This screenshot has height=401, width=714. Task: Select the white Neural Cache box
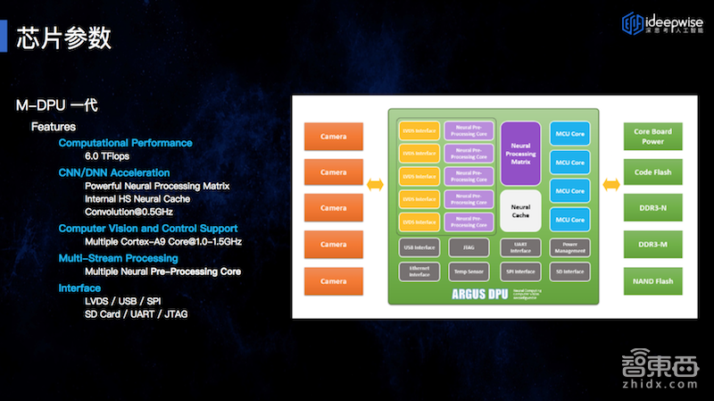tap(520, 212)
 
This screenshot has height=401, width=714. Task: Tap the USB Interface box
tap(419, 247)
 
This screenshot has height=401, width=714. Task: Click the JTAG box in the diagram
tap(469, 247)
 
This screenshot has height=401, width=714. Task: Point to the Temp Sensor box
tap(469, 271)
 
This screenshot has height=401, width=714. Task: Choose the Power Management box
tap(569, 247)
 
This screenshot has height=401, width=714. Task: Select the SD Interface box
tap(569, 271)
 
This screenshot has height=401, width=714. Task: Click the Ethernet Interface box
tap(419, 271)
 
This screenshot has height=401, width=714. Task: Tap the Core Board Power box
tap(652, 136)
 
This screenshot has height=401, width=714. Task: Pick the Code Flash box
tap(652, 172)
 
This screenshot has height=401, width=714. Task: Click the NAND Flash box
tap(652, 280)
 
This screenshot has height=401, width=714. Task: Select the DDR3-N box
tap(652, 208)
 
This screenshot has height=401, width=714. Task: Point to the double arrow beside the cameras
tap(376, 184)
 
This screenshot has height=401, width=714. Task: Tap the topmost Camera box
tap(334, 136)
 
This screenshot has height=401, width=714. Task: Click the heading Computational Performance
tap(125, 143)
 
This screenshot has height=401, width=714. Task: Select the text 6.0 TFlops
tap(108, 156)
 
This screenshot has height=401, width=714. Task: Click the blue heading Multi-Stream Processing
tap(118, 258)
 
